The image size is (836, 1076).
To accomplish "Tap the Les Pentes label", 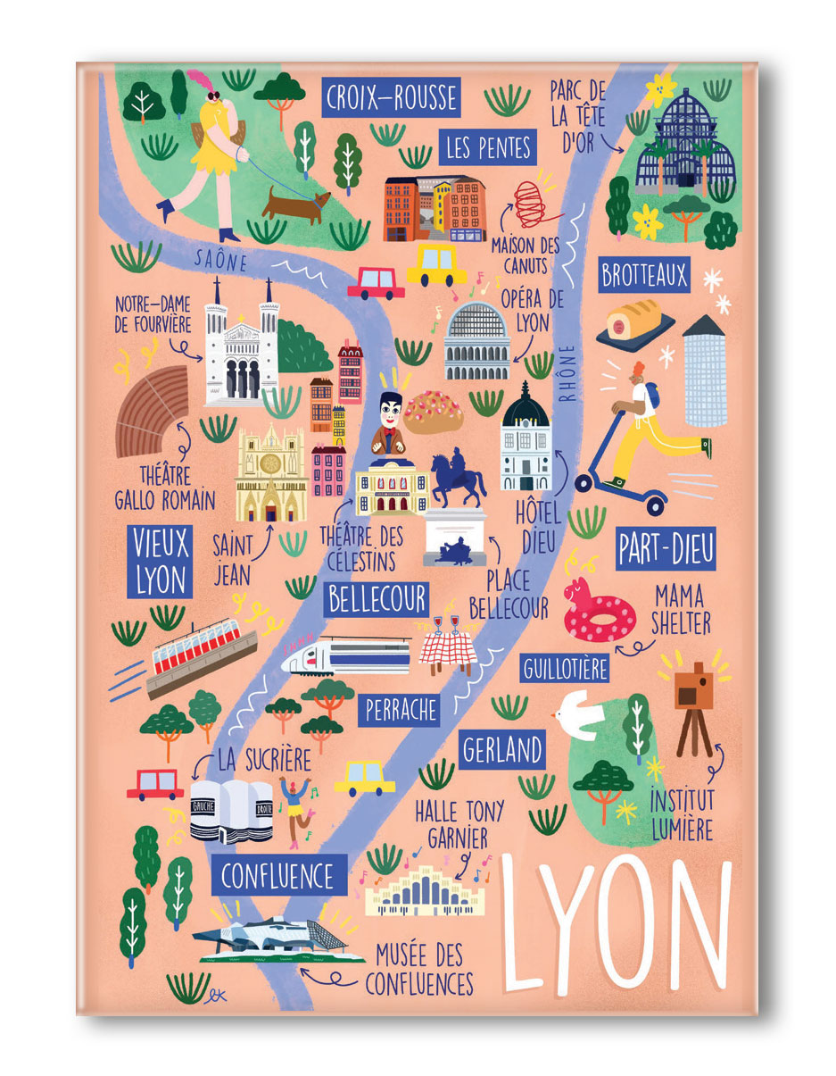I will (x=488, y=147).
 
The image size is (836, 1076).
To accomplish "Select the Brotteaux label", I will (x=644, y=275).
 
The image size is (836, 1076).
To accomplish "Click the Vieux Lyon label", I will (x=161, y=561).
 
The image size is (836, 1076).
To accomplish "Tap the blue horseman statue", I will (x=457, y=478).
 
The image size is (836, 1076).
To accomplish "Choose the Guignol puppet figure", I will (x=388, y=424).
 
